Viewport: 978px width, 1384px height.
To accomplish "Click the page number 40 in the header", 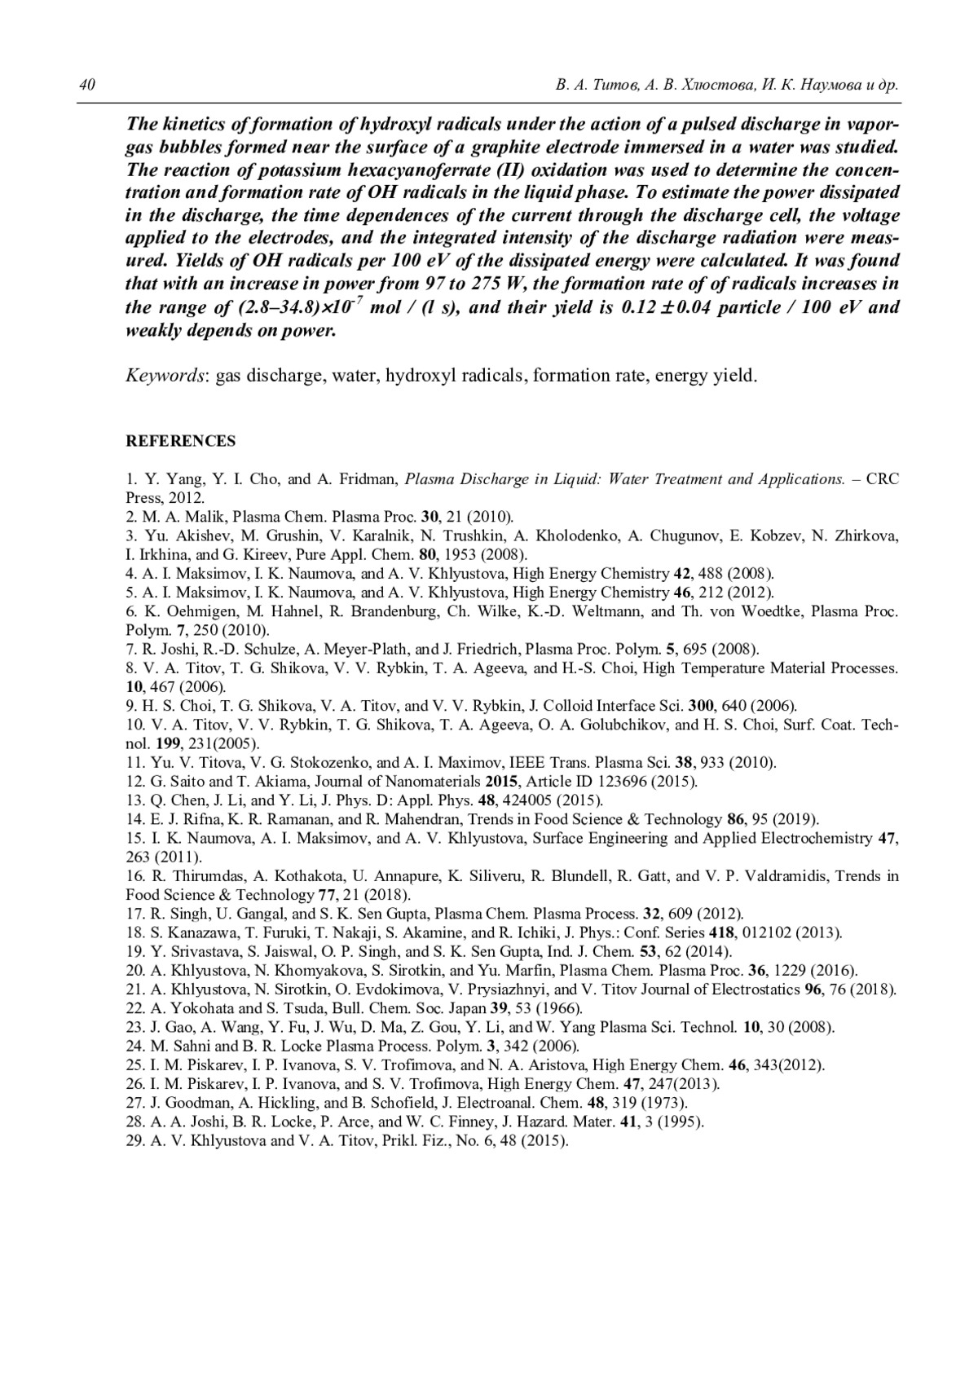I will tap(88, 86).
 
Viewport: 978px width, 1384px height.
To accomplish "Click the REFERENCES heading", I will tap(180, 441).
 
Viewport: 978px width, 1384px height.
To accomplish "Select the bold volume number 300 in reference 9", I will tap(701, 706).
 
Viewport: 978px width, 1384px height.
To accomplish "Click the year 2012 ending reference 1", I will tap(187, 497).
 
